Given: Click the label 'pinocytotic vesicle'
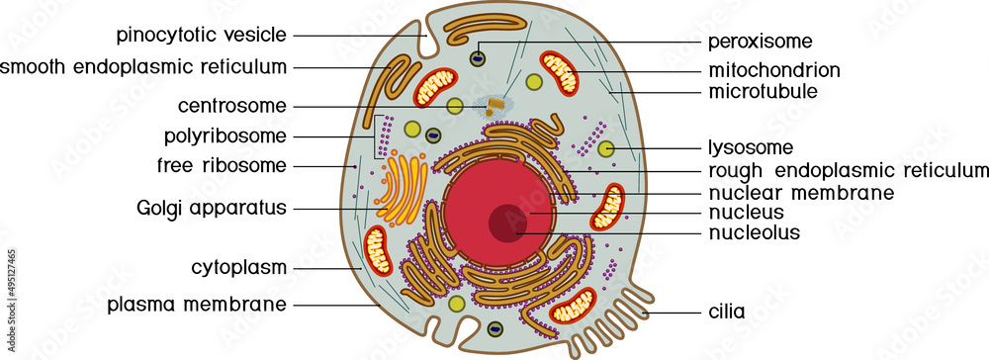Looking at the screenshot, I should (x=201, y=36).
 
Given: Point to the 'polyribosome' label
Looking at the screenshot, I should (x=225, y=135).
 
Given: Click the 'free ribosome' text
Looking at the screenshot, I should (x=222, y=164).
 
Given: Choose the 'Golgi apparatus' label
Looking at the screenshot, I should (x=213, y=209).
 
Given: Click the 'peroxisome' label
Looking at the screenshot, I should (x=760, y=42).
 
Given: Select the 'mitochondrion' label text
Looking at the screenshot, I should (x=773, y=70).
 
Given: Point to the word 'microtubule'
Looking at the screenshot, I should (x=762, y=92).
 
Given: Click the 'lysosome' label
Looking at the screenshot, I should (x=751, y=148).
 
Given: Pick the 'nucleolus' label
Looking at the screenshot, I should (x=754, y=233).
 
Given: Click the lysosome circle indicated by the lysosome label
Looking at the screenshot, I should (x=607, y=148).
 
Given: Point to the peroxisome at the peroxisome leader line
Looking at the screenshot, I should (x=478, y=56).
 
